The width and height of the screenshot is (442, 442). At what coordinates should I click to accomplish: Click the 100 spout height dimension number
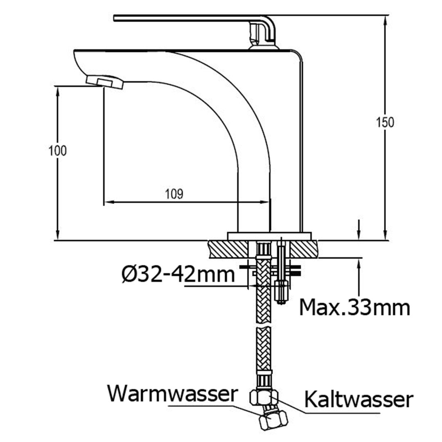[x=57, y=151]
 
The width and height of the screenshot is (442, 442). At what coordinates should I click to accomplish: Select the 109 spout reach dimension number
[x=174, y=194]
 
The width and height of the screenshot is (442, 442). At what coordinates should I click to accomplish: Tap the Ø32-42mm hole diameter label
[x=178, y=274]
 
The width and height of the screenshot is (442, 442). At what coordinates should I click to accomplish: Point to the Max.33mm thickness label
[x=354, y=307]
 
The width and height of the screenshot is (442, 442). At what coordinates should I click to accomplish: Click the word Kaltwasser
[x=358, y=399]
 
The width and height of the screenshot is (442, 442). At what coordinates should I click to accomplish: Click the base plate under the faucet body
[x=270, y=235]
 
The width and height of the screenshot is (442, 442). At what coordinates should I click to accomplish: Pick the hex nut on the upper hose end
[x=264, y=397]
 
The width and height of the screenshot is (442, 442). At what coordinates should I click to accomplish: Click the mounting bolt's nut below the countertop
[x=282, y=291]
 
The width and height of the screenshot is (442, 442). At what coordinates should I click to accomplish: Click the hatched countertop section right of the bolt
[x=305, y=248]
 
